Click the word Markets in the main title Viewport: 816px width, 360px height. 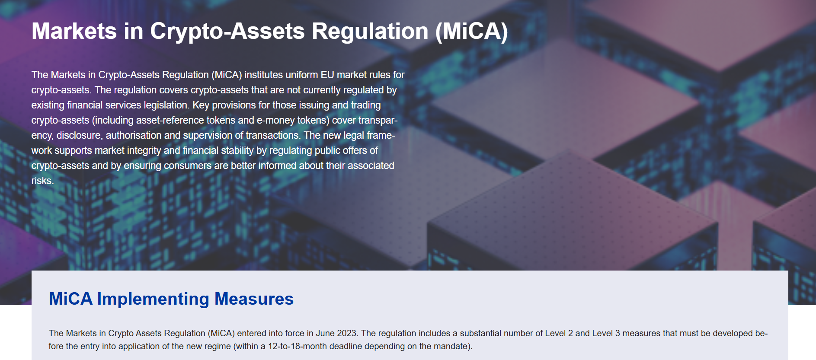tap(74, 32)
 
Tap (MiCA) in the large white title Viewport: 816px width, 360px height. tap(471, 32)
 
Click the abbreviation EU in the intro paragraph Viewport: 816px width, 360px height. tap(327, 75)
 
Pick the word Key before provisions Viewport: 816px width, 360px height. tap(201, 105)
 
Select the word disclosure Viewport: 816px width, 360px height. tap(80, 135)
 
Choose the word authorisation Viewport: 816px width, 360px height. tap(134, 135)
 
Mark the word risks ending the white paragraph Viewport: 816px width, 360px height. tap(42, 181)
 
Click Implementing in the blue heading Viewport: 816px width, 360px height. tap(153, 299)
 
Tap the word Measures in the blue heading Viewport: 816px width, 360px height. tap(254, 299)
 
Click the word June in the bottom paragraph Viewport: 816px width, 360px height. tap(325, 333)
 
